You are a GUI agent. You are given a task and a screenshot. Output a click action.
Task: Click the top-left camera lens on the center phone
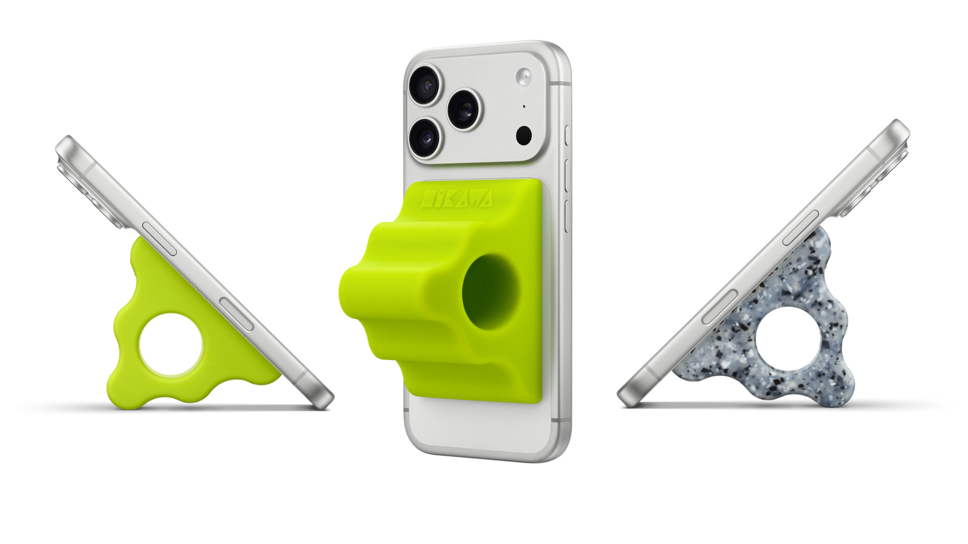(425, 86)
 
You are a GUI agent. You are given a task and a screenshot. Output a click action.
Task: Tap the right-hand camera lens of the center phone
(464, 110)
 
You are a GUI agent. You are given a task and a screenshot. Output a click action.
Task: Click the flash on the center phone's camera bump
(524, 77)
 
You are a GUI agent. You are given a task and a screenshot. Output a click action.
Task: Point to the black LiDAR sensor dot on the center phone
(524, 135)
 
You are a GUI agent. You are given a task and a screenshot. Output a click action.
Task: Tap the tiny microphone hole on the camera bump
(524, 106)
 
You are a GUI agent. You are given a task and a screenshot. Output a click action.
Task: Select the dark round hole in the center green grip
(490, 293)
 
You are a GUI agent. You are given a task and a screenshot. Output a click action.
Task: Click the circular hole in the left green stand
(170, 344)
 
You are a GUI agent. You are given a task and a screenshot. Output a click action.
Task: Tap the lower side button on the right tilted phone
(720, 307)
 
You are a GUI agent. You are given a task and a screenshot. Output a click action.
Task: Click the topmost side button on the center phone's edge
(568, 135)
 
